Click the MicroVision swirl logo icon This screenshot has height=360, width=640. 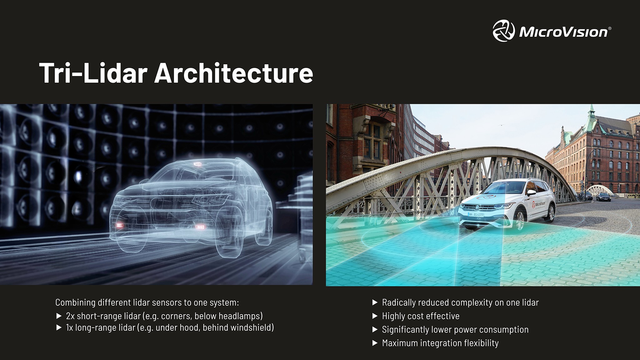click(x=503, y=31)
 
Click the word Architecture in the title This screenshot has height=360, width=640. click(x=233, y=73)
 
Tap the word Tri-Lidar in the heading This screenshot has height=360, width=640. click(x=93, y=73)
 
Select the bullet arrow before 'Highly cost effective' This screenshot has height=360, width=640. click(x=375, y=316)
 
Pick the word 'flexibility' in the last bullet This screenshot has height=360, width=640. click(x=481, y=343)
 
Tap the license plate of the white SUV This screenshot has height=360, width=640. click(x=476, y=215)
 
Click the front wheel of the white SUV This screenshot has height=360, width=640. click(x=519, y=220)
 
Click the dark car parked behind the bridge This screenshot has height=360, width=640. click(x=603, y=197)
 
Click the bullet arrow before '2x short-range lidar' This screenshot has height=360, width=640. click(x=59, y=316)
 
